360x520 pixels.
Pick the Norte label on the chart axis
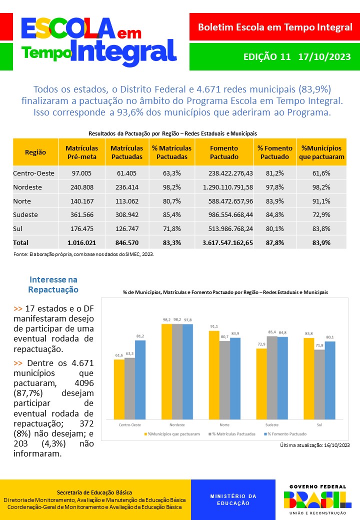coord(224,425)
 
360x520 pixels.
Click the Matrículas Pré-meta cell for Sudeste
coord(81,215)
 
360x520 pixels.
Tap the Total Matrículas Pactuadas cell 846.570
coord(126,242)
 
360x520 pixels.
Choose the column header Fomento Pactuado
coord(224,152)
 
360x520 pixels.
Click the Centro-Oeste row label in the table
coord(33,173)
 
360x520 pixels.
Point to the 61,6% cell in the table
coord(321,173)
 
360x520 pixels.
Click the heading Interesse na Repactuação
coord(53,284)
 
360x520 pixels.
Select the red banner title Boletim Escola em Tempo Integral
coord(275,27)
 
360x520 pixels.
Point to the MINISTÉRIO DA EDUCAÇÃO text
coord(233,499)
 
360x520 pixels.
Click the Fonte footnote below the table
coord(83,254)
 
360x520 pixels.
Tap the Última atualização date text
coord(314,445)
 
